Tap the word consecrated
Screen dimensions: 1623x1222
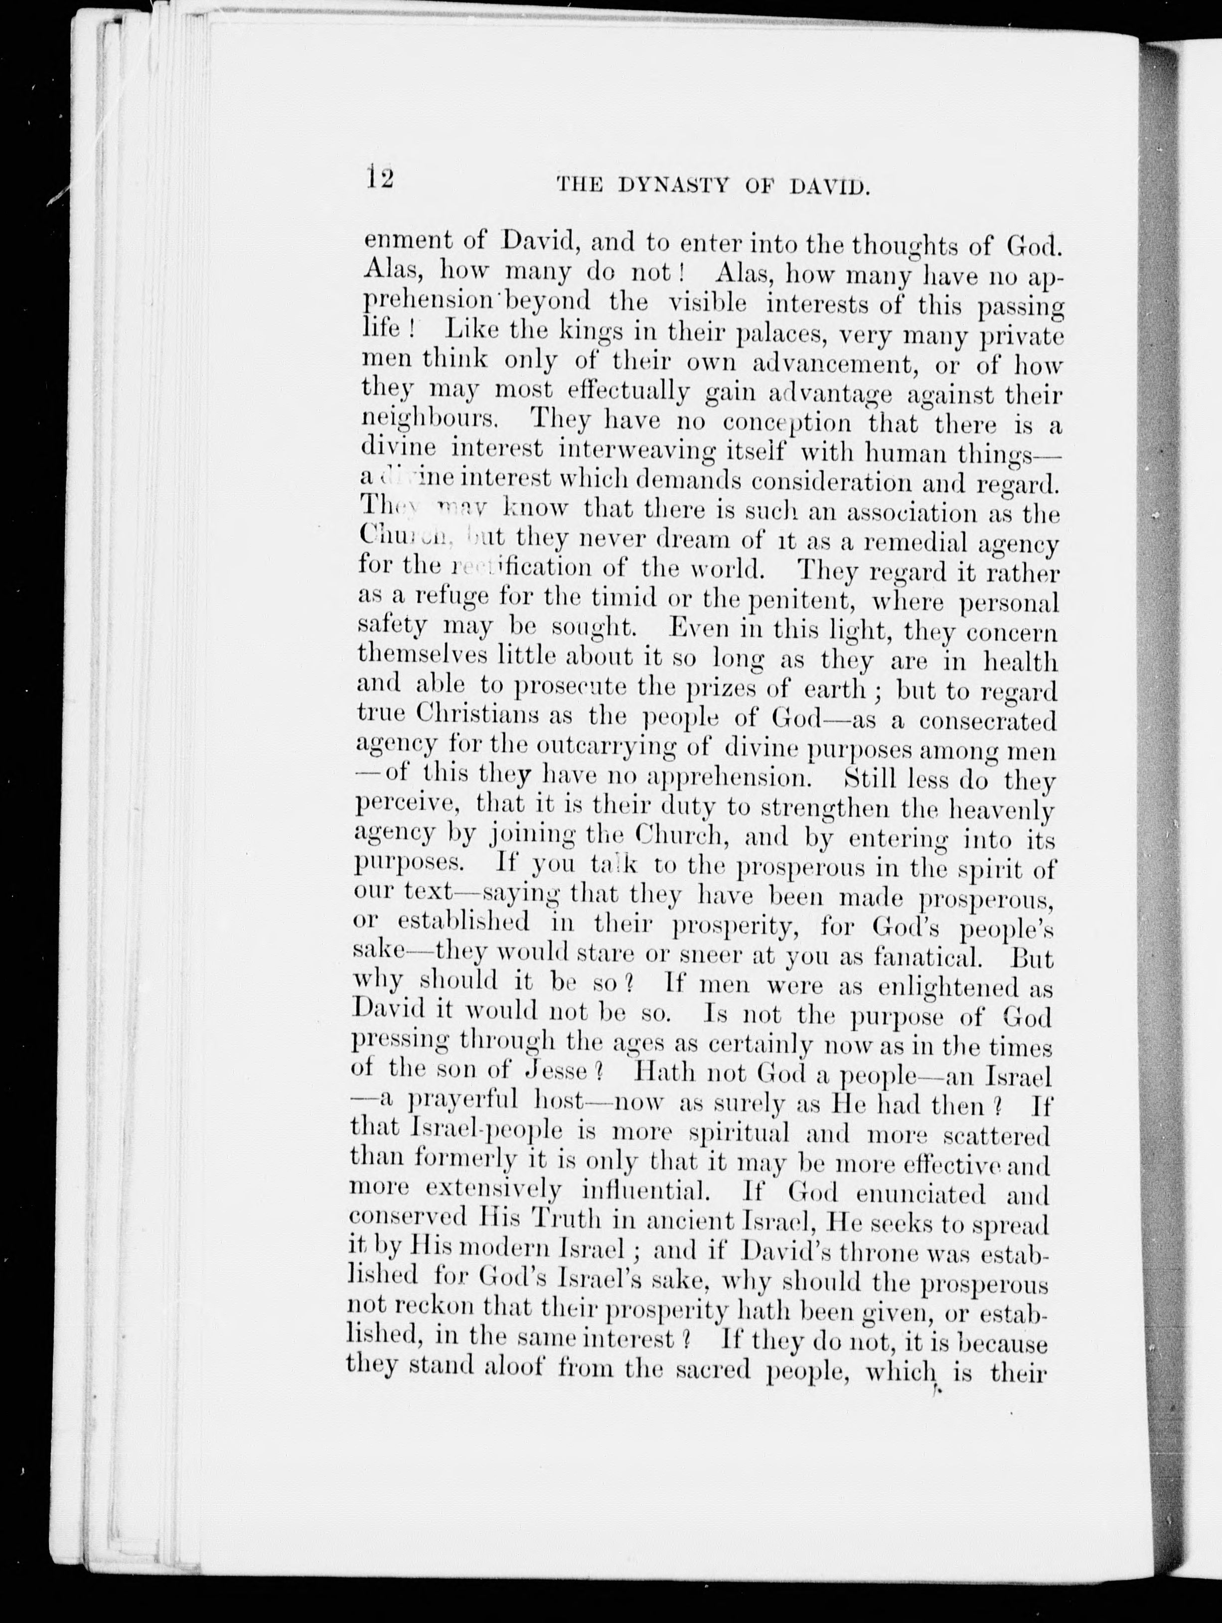[x=987, y=721]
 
